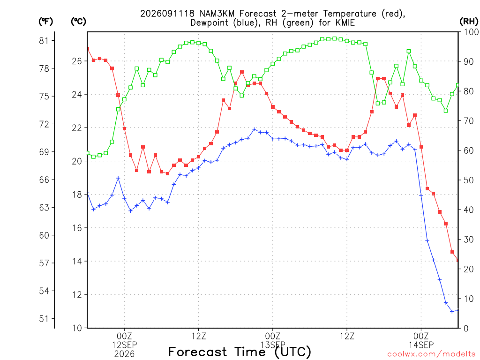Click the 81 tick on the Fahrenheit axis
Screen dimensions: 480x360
pyautogui.click(x=44, y=41)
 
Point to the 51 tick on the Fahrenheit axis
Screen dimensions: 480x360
pyautogui.click(x=44, y=319)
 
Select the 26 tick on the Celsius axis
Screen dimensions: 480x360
pyautogui.click(x=77, y=61)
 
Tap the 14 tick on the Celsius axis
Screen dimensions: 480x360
pyautogui.click(x=77, y=262)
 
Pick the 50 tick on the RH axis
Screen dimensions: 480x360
pyautogui.click(x=469, y=180)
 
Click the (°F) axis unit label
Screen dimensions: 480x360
pyautogui.click(x=45, y=22)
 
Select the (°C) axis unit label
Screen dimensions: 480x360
pyautogui.click(x=78, y=22)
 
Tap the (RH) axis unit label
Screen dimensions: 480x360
pyautogui.click(x=469, y=22)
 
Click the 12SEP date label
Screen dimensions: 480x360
pyautogui.click(x=124, y=345)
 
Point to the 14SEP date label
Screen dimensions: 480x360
pyautogui.click(x=421, y=345)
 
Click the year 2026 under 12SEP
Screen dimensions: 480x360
pyautogui.click(x=124, y=354)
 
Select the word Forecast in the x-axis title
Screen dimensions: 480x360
pyautogui.click(x=198, y=352)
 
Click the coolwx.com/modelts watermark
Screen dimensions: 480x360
pyautogui.click(x=431, y=354)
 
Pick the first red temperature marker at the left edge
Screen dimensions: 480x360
pyautogui.click(x=88, y=49)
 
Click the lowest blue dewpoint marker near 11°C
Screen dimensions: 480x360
pyautogui.click(x=452, y=311)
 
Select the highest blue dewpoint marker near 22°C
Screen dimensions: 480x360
pyautogui.click(x=254, y=129)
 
